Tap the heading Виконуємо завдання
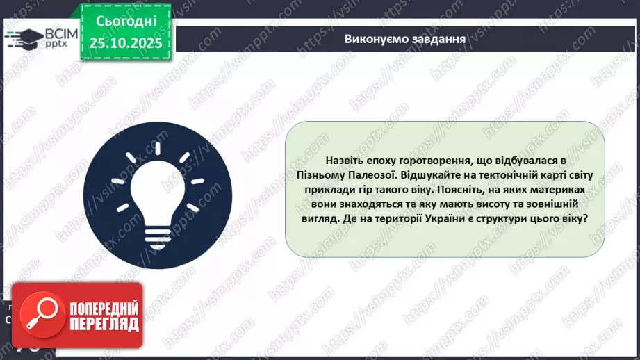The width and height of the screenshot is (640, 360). point(404,38)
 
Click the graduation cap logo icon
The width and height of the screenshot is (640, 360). point(23,39)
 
